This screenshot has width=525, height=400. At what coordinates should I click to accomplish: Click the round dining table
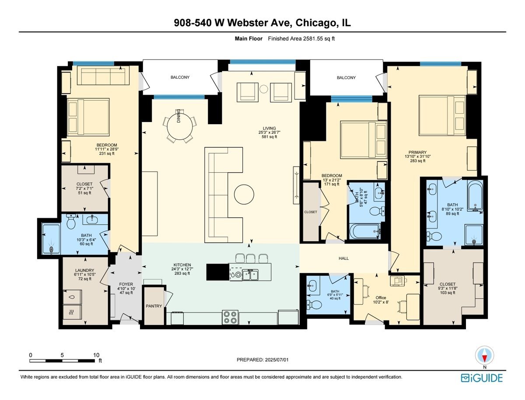[x=181, y=126]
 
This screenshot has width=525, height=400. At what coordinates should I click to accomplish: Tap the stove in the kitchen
[x=230, y=317]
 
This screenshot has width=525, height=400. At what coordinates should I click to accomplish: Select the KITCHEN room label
[x=182, y=265]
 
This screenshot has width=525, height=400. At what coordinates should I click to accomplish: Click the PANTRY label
[x=154, y=306]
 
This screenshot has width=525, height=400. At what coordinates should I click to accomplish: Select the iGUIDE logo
[x=482, y=378]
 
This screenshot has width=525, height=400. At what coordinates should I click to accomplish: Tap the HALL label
[x=344, y=258]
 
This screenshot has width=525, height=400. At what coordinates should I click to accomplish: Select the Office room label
[x=368, y=298]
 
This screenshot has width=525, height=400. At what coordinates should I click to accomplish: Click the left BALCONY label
[x=180, y=77]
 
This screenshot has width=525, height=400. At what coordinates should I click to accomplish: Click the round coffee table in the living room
[x=244, y=194]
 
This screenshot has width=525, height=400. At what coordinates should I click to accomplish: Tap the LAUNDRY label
[x=84, y=276]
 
